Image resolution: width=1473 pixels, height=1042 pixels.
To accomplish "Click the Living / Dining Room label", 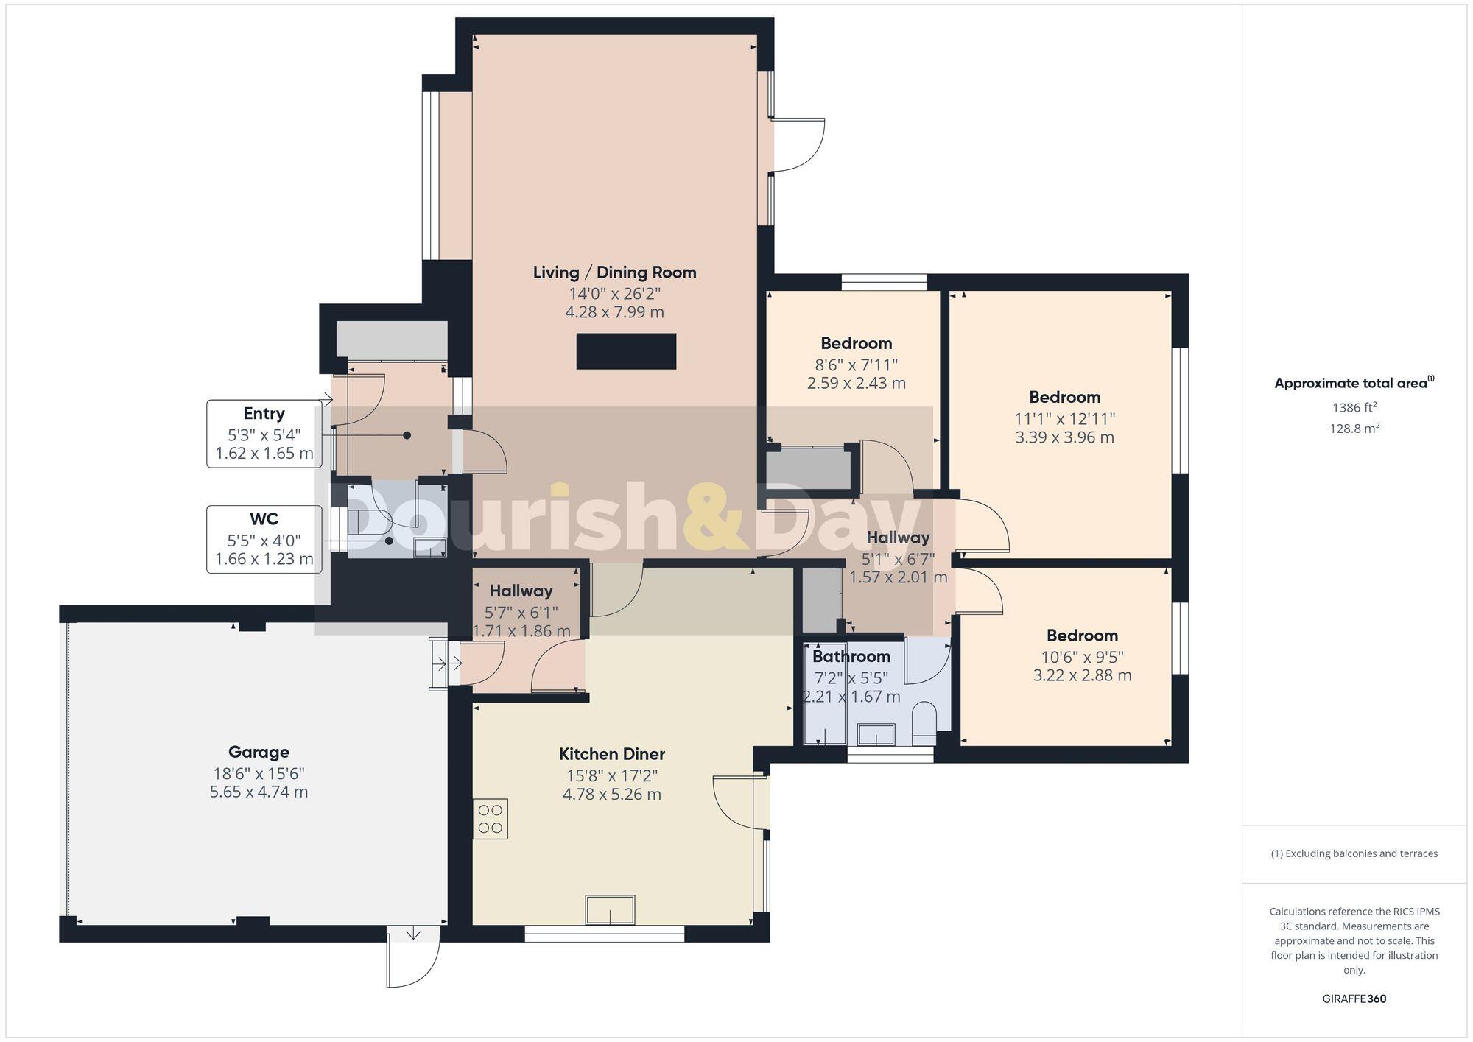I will click(614, 272).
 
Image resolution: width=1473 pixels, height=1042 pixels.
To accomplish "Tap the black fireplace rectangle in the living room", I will click(626, 351).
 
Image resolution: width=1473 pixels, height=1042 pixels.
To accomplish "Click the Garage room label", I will click(259, 752).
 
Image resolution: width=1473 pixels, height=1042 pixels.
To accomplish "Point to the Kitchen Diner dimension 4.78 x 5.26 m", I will click(611, 795).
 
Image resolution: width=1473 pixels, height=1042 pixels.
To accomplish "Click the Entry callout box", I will click(264, 433).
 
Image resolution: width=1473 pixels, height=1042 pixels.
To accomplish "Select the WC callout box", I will click(264, 539).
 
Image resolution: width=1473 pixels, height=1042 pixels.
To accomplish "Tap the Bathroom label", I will click(851, 656).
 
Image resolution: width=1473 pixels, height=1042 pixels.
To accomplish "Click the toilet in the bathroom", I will click(924, 725).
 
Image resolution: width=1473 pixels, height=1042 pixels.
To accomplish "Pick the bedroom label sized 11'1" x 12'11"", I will click(1064, 398).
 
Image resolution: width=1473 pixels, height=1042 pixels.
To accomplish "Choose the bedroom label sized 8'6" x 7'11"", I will click(856, 343).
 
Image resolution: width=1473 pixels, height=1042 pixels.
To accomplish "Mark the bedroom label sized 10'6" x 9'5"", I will click(1082, 636).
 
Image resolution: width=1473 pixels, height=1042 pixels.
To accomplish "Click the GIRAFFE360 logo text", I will click(1354, 999).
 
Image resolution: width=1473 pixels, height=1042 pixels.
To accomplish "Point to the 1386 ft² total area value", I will click(1354, 407).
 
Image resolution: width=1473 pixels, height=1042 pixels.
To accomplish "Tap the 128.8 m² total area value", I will click(1354, 428).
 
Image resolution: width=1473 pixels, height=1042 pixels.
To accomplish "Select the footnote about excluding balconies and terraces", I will click(1354, 853).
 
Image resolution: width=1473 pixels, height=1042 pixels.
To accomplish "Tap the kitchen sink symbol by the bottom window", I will click(610, 909).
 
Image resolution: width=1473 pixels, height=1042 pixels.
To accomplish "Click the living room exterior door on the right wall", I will click(799, 145).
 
